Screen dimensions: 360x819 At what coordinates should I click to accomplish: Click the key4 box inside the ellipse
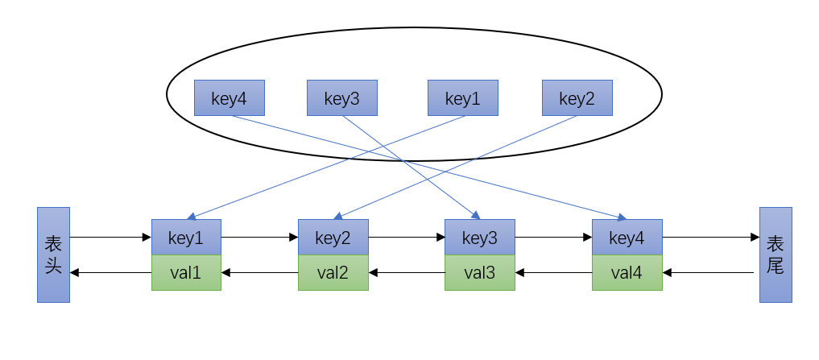pyautogui.click(x=230, y=98)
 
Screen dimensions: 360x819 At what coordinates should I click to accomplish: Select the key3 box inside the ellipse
pyautogui.click(x=342, y=98)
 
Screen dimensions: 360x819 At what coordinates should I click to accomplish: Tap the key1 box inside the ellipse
pyautogui.click(x=462, y=98)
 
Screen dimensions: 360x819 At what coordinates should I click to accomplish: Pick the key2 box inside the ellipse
pyautogui.click(x=577, y=98)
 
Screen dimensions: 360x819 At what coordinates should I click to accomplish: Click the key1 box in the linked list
pyautogui.click(x=186, y=238)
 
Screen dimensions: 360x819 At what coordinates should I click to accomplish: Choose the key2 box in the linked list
pyautogui.click(x=333, y=238)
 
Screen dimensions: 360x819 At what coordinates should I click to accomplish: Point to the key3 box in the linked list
pyautogui.click(x=480, y=238)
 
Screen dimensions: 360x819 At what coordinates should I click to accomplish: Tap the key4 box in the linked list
pyautogui.click(x=627, y=238)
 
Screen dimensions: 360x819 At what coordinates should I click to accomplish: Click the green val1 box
pyautogui.click(x=186, y=273)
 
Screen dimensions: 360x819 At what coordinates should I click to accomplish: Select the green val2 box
pyautogui.click(x=333, y=273)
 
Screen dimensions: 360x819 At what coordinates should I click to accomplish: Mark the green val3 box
pyautogui.click(x=480, y=273)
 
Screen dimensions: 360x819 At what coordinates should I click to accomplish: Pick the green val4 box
pyautogui.click(x=627, y=273)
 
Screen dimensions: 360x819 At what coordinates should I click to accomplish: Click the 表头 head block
pyautogui.click(x=53, y=254)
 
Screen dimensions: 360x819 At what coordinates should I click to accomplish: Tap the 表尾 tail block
pyautogui.click(x=776, y=254)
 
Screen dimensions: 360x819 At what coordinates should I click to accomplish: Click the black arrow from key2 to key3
pyautogui.click(x=406, y=238)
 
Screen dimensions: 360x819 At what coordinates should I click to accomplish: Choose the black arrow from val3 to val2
pyautogui.click(x=406, y=273)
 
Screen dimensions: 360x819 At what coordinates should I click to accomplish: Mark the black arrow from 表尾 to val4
pyautogui.click(x=709, y=273)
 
